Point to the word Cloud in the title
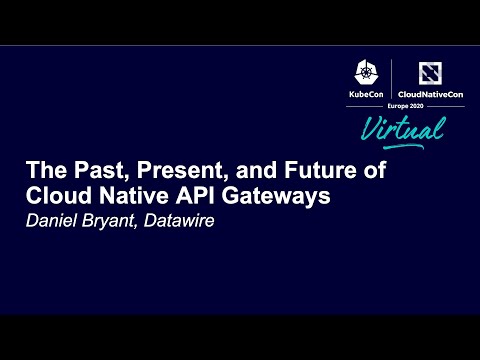(57, 196)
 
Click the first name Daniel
(53, 221)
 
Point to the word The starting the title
(43, 171)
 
